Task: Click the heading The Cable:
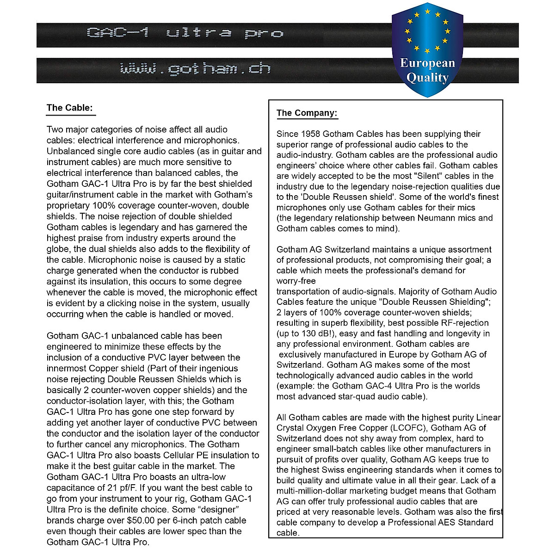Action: pyautogui.click(x=70, y=108)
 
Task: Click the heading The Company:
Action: pyautogui.click(x=307, y=113)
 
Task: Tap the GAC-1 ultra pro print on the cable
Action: pyautogui.click(x=185, y=33)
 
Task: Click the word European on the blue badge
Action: pyautogui.click(x=427, y=63)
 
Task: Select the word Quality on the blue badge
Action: pyautogui.click(x=427, y=77)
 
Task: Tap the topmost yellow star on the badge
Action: pyautogui.click(x=427, y=11)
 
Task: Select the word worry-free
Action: pyautogui.click(x=296, y=281)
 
